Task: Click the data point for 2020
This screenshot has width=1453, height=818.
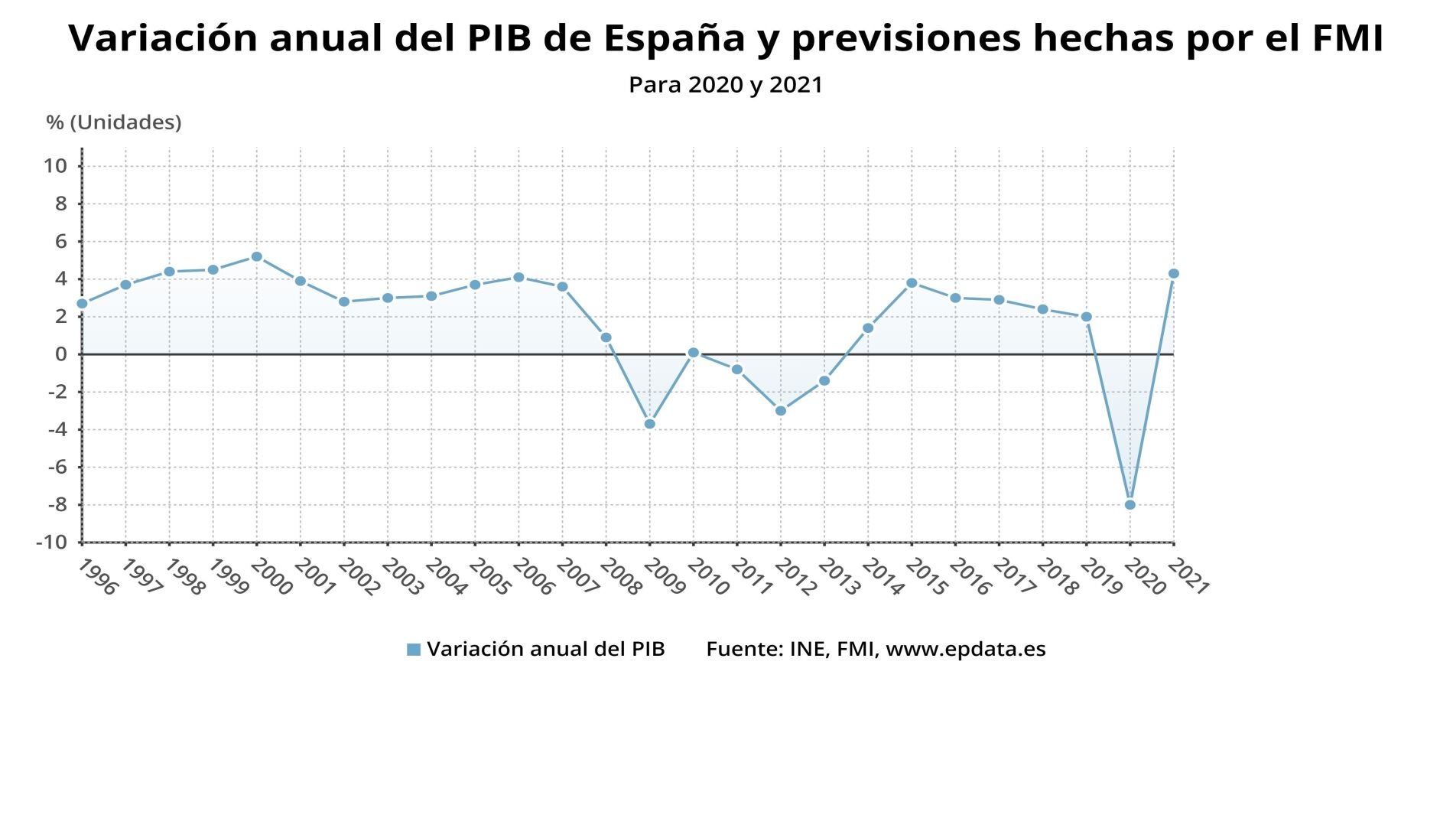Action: [1130, 505]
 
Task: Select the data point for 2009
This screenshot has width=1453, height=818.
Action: [649, 424]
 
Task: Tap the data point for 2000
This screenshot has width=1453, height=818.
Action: [256, 257]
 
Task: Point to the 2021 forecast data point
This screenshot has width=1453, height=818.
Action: [1173, 274]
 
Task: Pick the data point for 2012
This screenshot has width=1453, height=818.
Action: [780, 411]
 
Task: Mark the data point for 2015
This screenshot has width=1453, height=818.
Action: [912, 283]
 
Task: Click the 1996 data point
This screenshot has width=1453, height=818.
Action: [82, 304]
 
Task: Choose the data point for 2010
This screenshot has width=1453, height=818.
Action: [693, 353]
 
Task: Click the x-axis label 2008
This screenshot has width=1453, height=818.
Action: [620, 578]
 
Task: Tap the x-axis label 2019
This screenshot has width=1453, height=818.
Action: [1100, 578]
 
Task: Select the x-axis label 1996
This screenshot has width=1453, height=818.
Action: [97, 578]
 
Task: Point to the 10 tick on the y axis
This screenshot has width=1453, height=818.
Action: [55, 166]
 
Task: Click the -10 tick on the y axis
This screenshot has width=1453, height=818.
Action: [51, 543]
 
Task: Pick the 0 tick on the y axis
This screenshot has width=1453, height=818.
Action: [60, 354]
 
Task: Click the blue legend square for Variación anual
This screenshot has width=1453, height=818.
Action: [414, 650]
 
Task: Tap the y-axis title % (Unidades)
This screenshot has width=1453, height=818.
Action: [114, 122]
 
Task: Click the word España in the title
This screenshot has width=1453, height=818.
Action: [674, 38]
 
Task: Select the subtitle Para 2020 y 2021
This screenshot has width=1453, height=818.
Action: [725, 85]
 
